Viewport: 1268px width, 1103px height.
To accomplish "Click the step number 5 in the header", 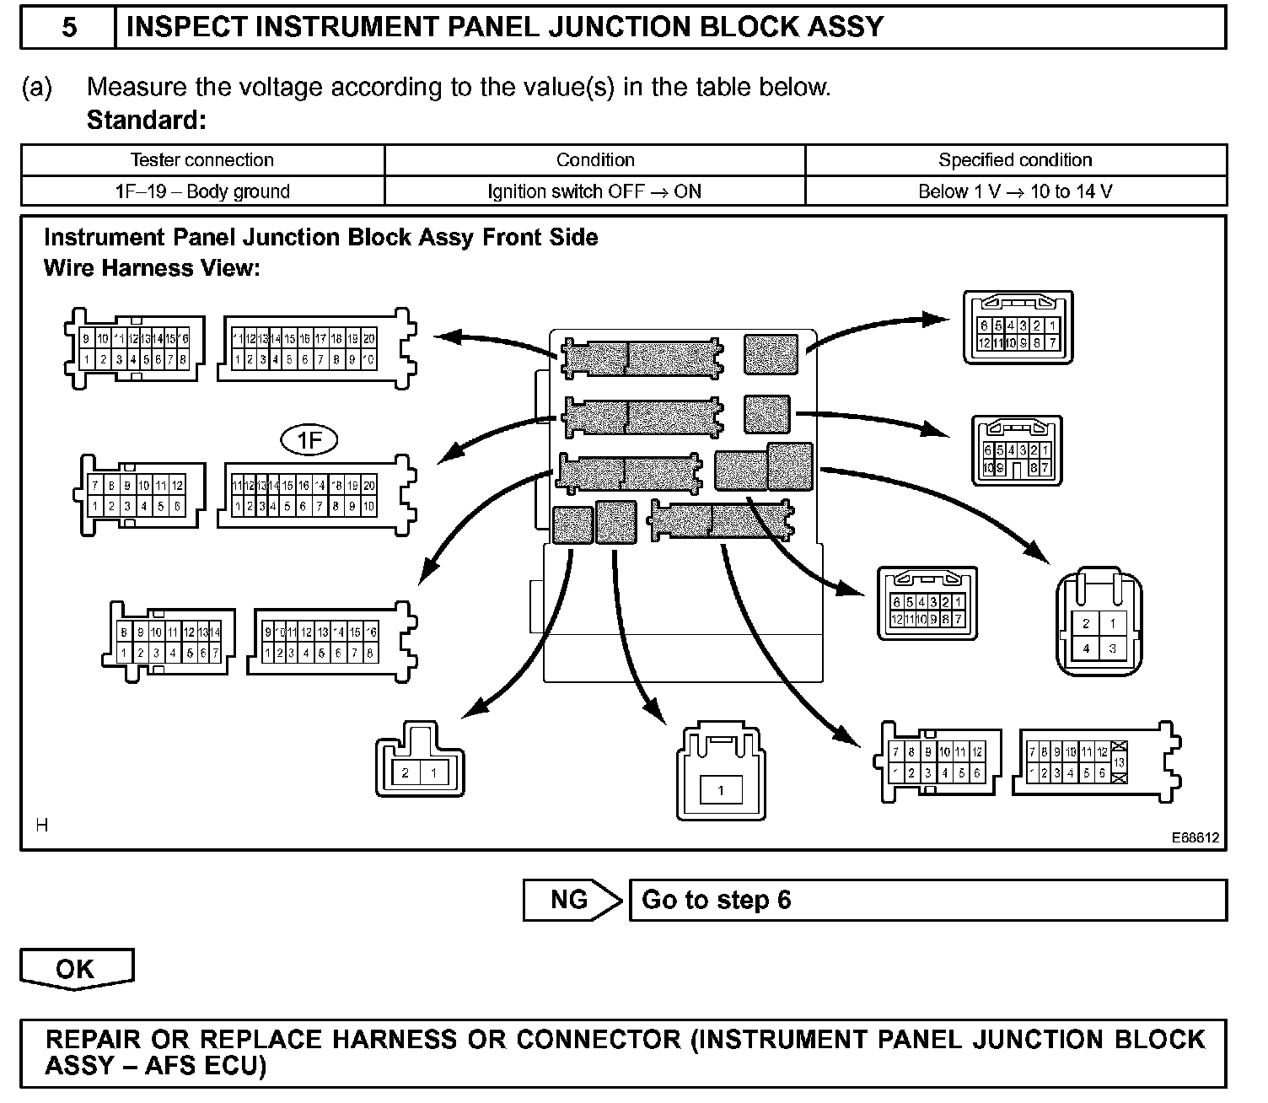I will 68,27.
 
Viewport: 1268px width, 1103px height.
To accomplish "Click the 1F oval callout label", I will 309,440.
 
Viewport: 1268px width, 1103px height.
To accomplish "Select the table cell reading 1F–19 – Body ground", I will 202,191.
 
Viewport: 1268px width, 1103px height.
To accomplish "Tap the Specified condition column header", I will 1015,160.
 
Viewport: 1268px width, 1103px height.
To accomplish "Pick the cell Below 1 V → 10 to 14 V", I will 1015,191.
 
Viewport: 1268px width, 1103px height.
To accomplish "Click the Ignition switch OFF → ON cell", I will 594,191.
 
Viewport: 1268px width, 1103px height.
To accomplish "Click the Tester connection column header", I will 202,160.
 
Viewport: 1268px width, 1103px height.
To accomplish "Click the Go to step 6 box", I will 927,900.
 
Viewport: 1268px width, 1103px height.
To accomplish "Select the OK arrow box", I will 76,969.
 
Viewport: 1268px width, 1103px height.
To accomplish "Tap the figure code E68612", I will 1195,838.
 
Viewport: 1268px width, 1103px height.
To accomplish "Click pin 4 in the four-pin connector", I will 1086,648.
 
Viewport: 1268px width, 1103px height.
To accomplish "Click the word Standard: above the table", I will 146,120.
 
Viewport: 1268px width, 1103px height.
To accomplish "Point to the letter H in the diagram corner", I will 42,826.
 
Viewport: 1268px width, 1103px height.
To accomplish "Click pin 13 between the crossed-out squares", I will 1120,762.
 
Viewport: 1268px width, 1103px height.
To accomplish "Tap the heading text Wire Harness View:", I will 152,268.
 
